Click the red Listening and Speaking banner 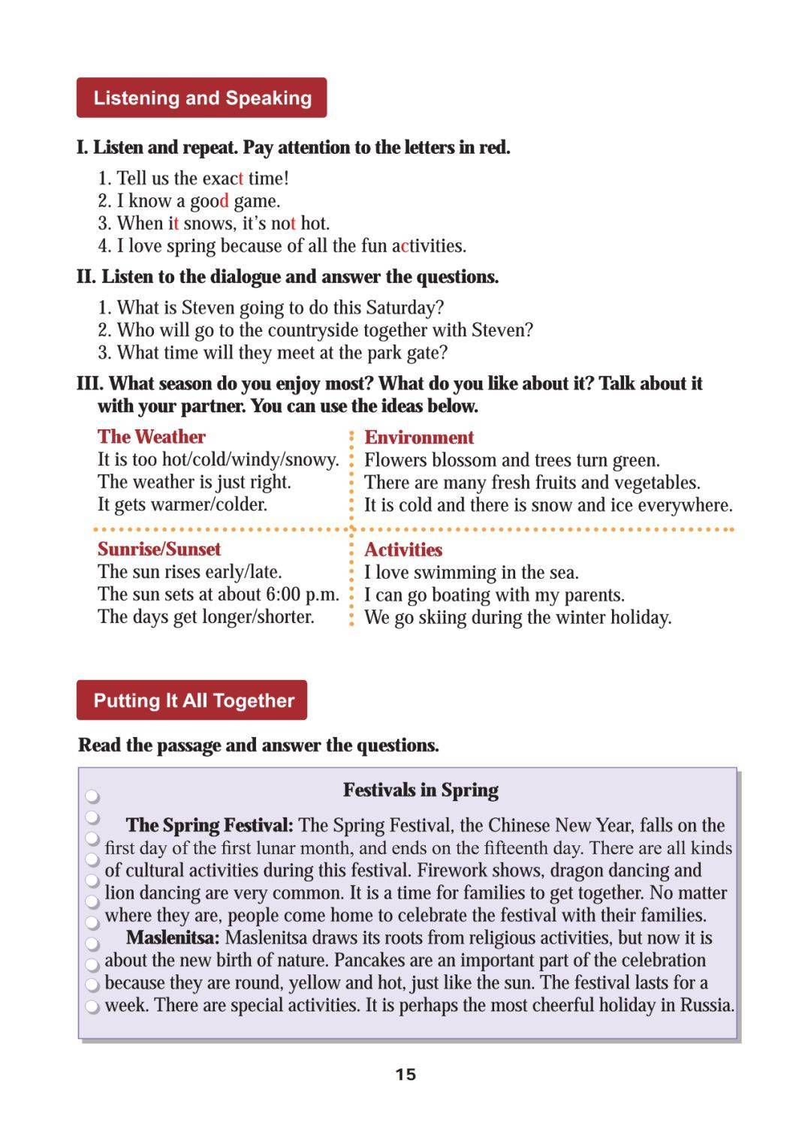point(201,98)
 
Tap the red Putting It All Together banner point(192,700)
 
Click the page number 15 point(405,1074)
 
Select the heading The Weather point(151,437)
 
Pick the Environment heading point(419,438)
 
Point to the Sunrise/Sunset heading point(159,549)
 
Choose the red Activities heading point(403,549)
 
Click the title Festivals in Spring point(421,790)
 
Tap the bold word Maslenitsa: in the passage point(173,938)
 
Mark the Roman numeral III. point(89,384)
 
